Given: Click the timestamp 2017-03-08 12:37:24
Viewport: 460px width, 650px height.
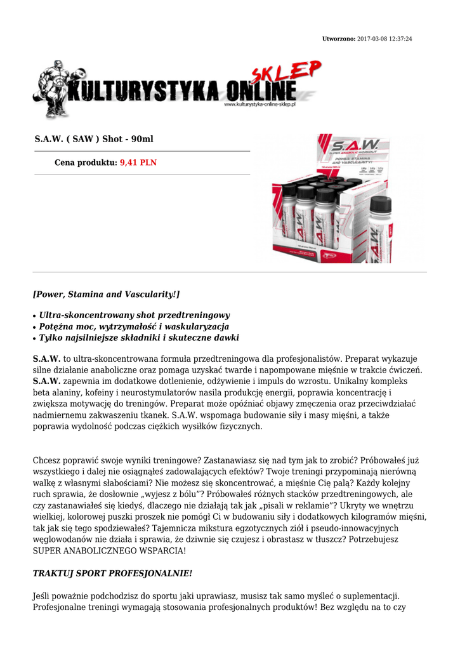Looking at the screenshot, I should tap(385, 39).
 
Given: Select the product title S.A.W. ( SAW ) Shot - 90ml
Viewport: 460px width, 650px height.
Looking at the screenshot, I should tap(94, 139).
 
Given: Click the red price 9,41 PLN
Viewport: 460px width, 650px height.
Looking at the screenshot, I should tap(138, 162).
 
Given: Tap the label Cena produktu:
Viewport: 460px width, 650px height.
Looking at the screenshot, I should tap(86, 162).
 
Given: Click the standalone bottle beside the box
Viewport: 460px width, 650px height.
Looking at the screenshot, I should tap(380, 229).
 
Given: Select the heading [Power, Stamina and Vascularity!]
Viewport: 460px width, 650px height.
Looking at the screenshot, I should tap(106, 295).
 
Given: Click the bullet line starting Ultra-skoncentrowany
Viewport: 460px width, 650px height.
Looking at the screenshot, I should tap(134, 315).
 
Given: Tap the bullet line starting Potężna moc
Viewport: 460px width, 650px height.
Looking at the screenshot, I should tap(134, 326).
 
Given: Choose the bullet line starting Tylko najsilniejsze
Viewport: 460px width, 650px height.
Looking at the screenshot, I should tap(139, 338).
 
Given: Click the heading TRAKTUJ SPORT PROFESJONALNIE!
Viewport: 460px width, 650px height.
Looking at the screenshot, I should tap(112, 573).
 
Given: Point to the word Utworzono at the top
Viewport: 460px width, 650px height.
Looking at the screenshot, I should tap(339, 39).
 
